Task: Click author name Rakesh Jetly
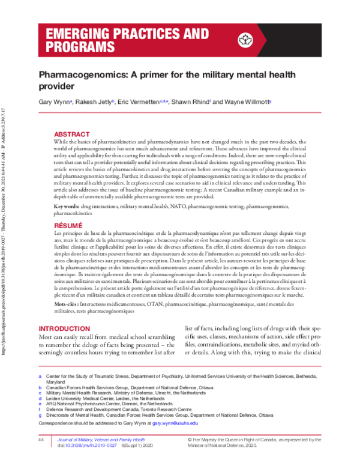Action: (x=94, y=103)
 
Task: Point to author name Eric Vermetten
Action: (x=139, y=103)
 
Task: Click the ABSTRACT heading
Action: (x=72, y=134)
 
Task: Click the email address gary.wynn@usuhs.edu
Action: (x=175, y=423)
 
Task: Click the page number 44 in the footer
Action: (x=41, y=440)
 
